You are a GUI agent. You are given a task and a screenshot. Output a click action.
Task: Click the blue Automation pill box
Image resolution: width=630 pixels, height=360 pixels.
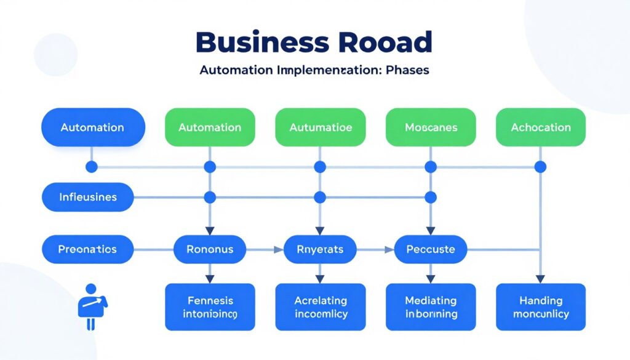[x=93, y=127]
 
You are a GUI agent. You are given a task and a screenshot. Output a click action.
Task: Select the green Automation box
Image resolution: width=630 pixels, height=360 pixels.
[x=210, y=127]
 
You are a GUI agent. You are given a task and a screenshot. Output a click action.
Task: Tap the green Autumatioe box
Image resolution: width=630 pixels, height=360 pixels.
[x=321, y=127]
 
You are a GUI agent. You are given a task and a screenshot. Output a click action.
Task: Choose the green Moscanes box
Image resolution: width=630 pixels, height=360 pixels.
[x=431, y=127]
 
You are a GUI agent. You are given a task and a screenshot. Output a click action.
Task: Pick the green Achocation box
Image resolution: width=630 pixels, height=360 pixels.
[x=541, y=127]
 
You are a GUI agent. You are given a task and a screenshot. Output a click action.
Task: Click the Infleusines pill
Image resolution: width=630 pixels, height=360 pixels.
[x=87, y=198]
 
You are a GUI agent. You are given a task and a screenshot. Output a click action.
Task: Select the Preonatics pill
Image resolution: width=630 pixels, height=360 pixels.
[x=87, y=250]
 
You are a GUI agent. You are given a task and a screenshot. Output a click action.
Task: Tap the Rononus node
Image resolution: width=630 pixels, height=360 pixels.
[x=210, y=250]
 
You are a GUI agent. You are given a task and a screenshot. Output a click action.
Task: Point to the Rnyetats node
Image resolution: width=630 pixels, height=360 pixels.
[x=321, y=250]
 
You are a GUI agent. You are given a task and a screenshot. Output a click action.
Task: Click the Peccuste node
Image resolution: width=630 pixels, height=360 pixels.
[x=431, y=250]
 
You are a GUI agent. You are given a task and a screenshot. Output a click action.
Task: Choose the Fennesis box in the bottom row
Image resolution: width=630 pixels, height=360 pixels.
[x=210, y=307]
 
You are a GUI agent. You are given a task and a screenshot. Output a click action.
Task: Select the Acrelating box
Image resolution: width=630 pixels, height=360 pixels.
[x=321, y=307]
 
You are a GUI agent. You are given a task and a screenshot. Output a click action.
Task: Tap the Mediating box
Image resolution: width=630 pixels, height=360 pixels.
[x=431, y=307]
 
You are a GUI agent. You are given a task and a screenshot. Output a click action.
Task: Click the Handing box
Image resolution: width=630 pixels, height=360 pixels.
[x=541, y=307]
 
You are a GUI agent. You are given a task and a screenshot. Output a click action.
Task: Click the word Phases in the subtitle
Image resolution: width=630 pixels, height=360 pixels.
[x=406, y=70]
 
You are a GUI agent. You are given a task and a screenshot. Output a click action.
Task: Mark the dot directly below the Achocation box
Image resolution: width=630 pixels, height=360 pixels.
[x=541, y=167]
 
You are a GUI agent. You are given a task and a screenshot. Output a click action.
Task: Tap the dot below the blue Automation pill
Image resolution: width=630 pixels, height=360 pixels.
[x=92, y=167]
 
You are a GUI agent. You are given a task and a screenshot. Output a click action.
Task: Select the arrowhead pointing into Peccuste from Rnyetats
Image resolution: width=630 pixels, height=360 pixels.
[x=389, y=250]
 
